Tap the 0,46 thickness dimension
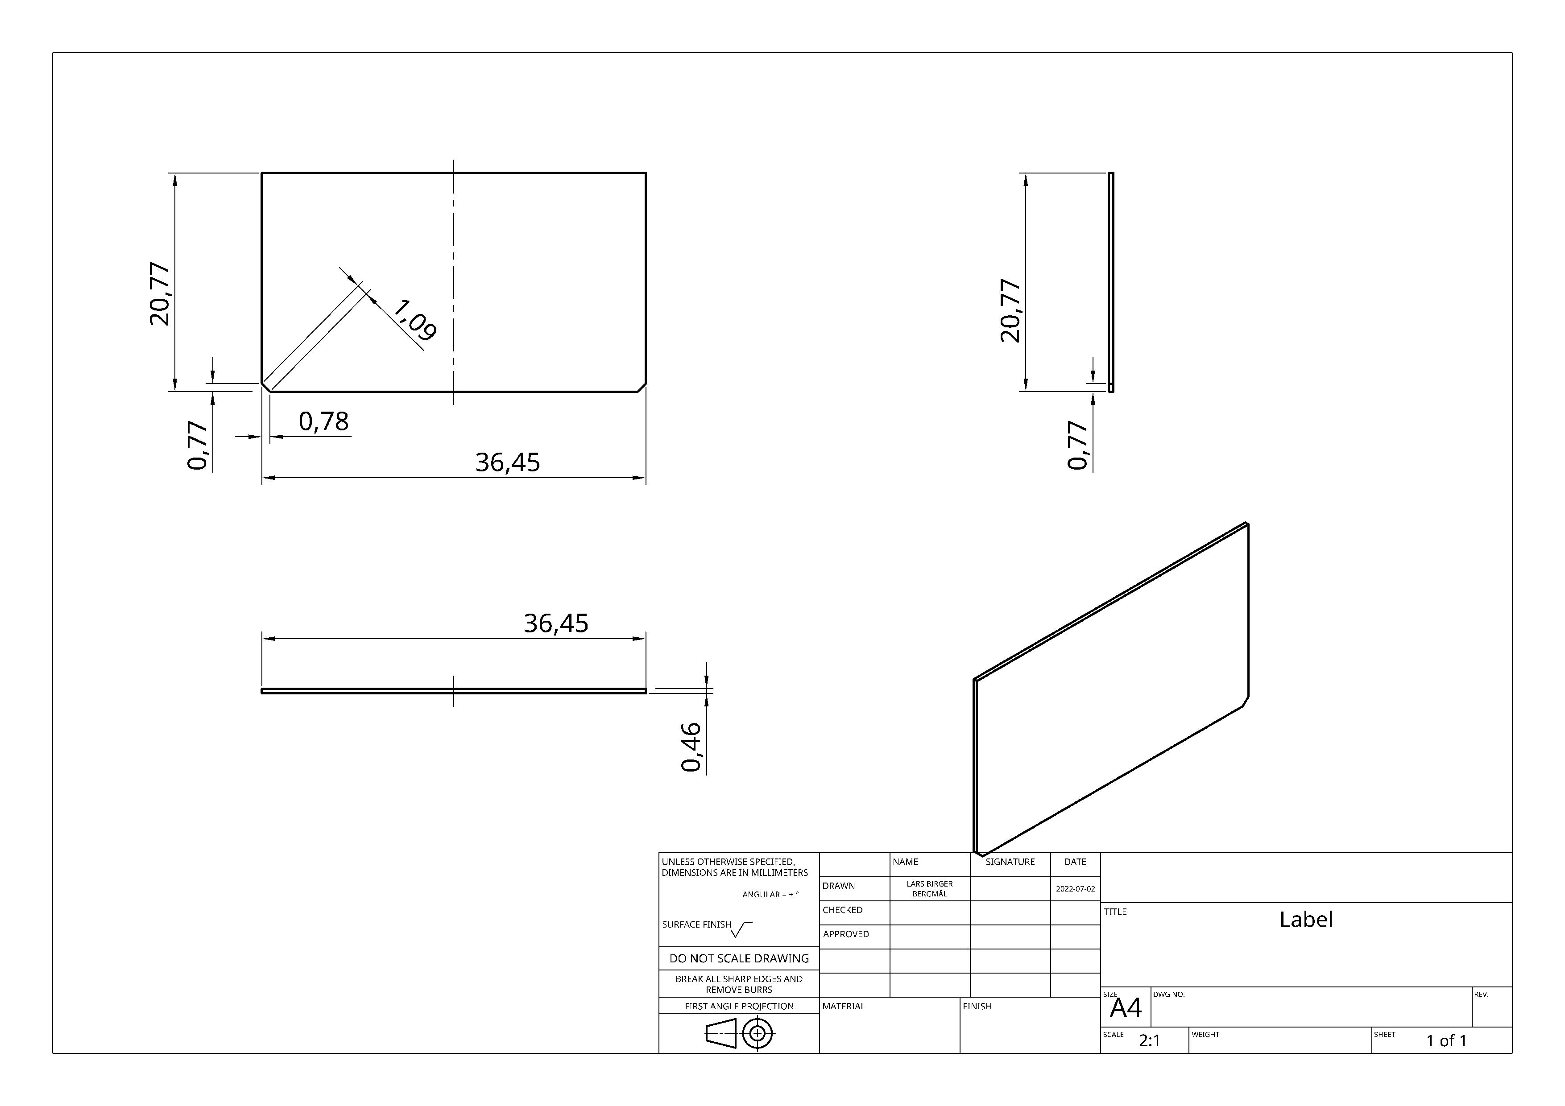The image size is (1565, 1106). (x=691, y=747)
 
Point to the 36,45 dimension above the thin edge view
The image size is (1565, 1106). (x=556, y=623)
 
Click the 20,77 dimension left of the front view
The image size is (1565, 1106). (x=160, y=294)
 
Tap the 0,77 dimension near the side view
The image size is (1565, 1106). (x=1078, y=445)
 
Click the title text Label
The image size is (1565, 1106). (x=1306, y=919)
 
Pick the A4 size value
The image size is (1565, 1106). (x=1126, y=1007)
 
